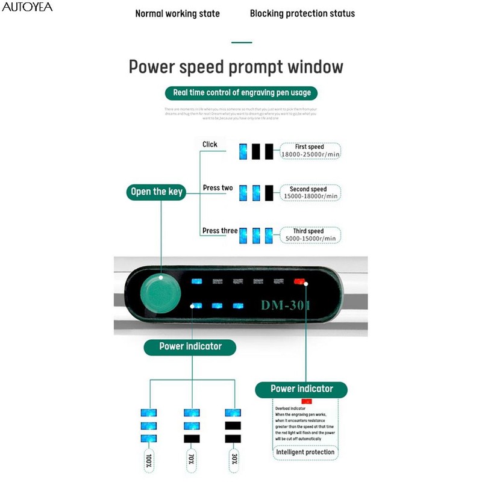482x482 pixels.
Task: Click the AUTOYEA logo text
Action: (27, 7)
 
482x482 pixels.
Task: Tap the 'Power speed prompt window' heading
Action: (236, 67)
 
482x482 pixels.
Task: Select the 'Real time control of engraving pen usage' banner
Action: (242, 93)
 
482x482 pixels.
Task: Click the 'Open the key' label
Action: (156, 192)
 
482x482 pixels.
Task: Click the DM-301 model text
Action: (286, 305)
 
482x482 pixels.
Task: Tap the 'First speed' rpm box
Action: (310, 151)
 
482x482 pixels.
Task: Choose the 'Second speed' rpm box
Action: (310, 193)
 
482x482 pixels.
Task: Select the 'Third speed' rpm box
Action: (310, 235)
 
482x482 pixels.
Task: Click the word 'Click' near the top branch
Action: (210, 144)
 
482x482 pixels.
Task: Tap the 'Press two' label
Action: (218, 188)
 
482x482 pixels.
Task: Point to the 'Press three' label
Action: (219, 231)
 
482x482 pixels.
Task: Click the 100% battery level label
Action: (148, 461)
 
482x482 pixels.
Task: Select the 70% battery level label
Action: (192, 461)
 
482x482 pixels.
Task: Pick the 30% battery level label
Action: (233, 461)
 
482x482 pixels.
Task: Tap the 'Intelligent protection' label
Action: (305, 452)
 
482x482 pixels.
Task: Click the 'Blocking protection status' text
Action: (302, 13)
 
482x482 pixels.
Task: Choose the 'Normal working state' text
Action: (177, 13)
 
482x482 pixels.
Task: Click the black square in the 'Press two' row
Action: (269, 192)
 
